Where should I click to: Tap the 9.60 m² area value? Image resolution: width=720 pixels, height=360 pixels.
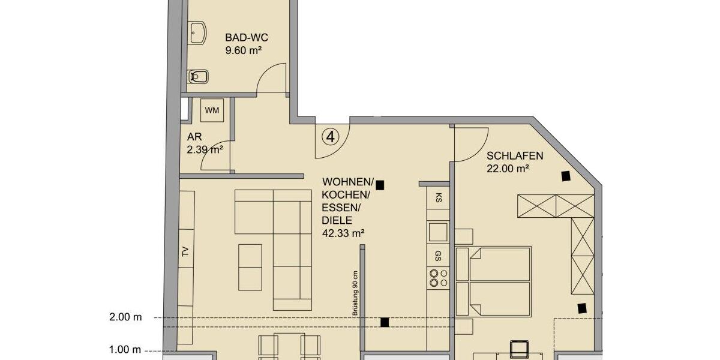click(x=242, y=51)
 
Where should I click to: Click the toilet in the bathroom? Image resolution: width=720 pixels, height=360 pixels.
click(x=199, y=77)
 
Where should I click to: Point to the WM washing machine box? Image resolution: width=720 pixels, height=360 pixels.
click(x=211, y=110)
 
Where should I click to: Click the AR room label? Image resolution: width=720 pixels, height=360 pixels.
click(x=193, y=137)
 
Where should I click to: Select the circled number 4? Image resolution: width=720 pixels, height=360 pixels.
click(x=330, y=137)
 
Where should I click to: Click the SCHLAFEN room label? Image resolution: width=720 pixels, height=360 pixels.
click(x=515, y=156)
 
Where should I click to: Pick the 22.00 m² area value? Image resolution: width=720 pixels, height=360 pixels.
click(x=508, y=169)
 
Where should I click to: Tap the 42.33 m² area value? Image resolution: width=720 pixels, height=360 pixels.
click(x=343, y=233)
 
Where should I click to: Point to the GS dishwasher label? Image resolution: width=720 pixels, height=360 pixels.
click(x=439, y=254)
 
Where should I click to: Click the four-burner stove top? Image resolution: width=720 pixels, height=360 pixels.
click(x=438, y=277)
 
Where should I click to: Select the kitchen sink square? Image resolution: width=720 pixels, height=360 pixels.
click(x=438, y=231)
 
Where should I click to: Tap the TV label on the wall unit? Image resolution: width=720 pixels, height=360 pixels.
click(x=185, y=253)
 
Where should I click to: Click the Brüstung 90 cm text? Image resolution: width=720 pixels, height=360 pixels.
click(x=355, y=292)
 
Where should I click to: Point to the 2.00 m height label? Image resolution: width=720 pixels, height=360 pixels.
click(x=125, y=317)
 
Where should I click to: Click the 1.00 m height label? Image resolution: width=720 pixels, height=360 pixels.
click(x=125, y=350)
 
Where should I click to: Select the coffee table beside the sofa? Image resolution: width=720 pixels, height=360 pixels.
click(x=250, y=267)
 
